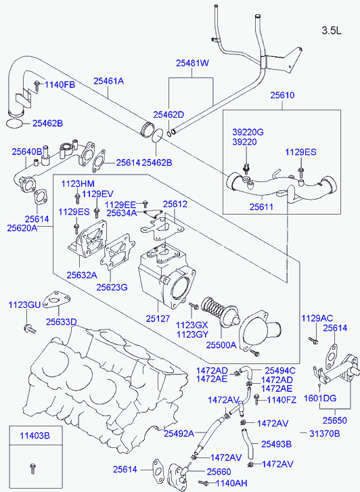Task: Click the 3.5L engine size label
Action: pos(332,30)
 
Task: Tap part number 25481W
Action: pos(192,63)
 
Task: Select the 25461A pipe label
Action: pos(108,81)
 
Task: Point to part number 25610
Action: pos(282,95)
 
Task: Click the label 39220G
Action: pos(248,132)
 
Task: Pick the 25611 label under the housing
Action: pos(261,207)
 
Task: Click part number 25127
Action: pos(158,319)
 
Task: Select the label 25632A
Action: pos(82,275)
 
